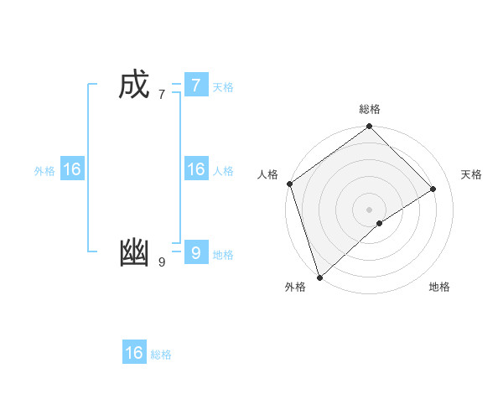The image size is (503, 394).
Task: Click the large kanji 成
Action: click(134, 86)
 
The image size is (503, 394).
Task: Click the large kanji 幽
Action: click(134, 253)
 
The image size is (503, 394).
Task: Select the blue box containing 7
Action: click(195, 86)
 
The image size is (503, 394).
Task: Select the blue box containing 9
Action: click(195, 253)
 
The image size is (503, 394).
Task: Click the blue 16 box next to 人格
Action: click(195, 169)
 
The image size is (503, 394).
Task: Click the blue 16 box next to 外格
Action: click(72, 169)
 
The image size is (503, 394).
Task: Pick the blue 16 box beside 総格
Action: click(134, 353)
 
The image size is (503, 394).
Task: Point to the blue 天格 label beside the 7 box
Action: click(223, 87)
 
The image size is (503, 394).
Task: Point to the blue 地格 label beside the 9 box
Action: click(223, 255)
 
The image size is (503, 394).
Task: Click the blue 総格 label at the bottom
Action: click(161, 355)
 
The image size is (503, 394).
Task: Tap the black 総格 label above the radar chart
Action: click(370, 109)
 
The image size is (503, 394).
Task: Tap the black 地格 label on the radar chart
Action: click(439, 288)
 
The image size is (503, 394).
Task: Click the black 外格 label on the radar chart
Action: click(295, 288)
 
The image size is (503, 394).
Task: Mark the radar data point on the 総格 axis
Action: click(370, 127)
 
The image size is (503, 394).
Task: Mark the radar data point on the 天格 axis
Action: click(433, 189)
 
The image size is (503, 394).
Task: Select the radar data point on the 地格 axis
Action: click(380, 223)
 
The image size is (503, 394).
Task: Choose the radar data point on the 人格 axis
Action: click(289, 184)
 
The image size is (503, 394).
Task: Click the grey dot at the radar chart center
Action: click(370, 209)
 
